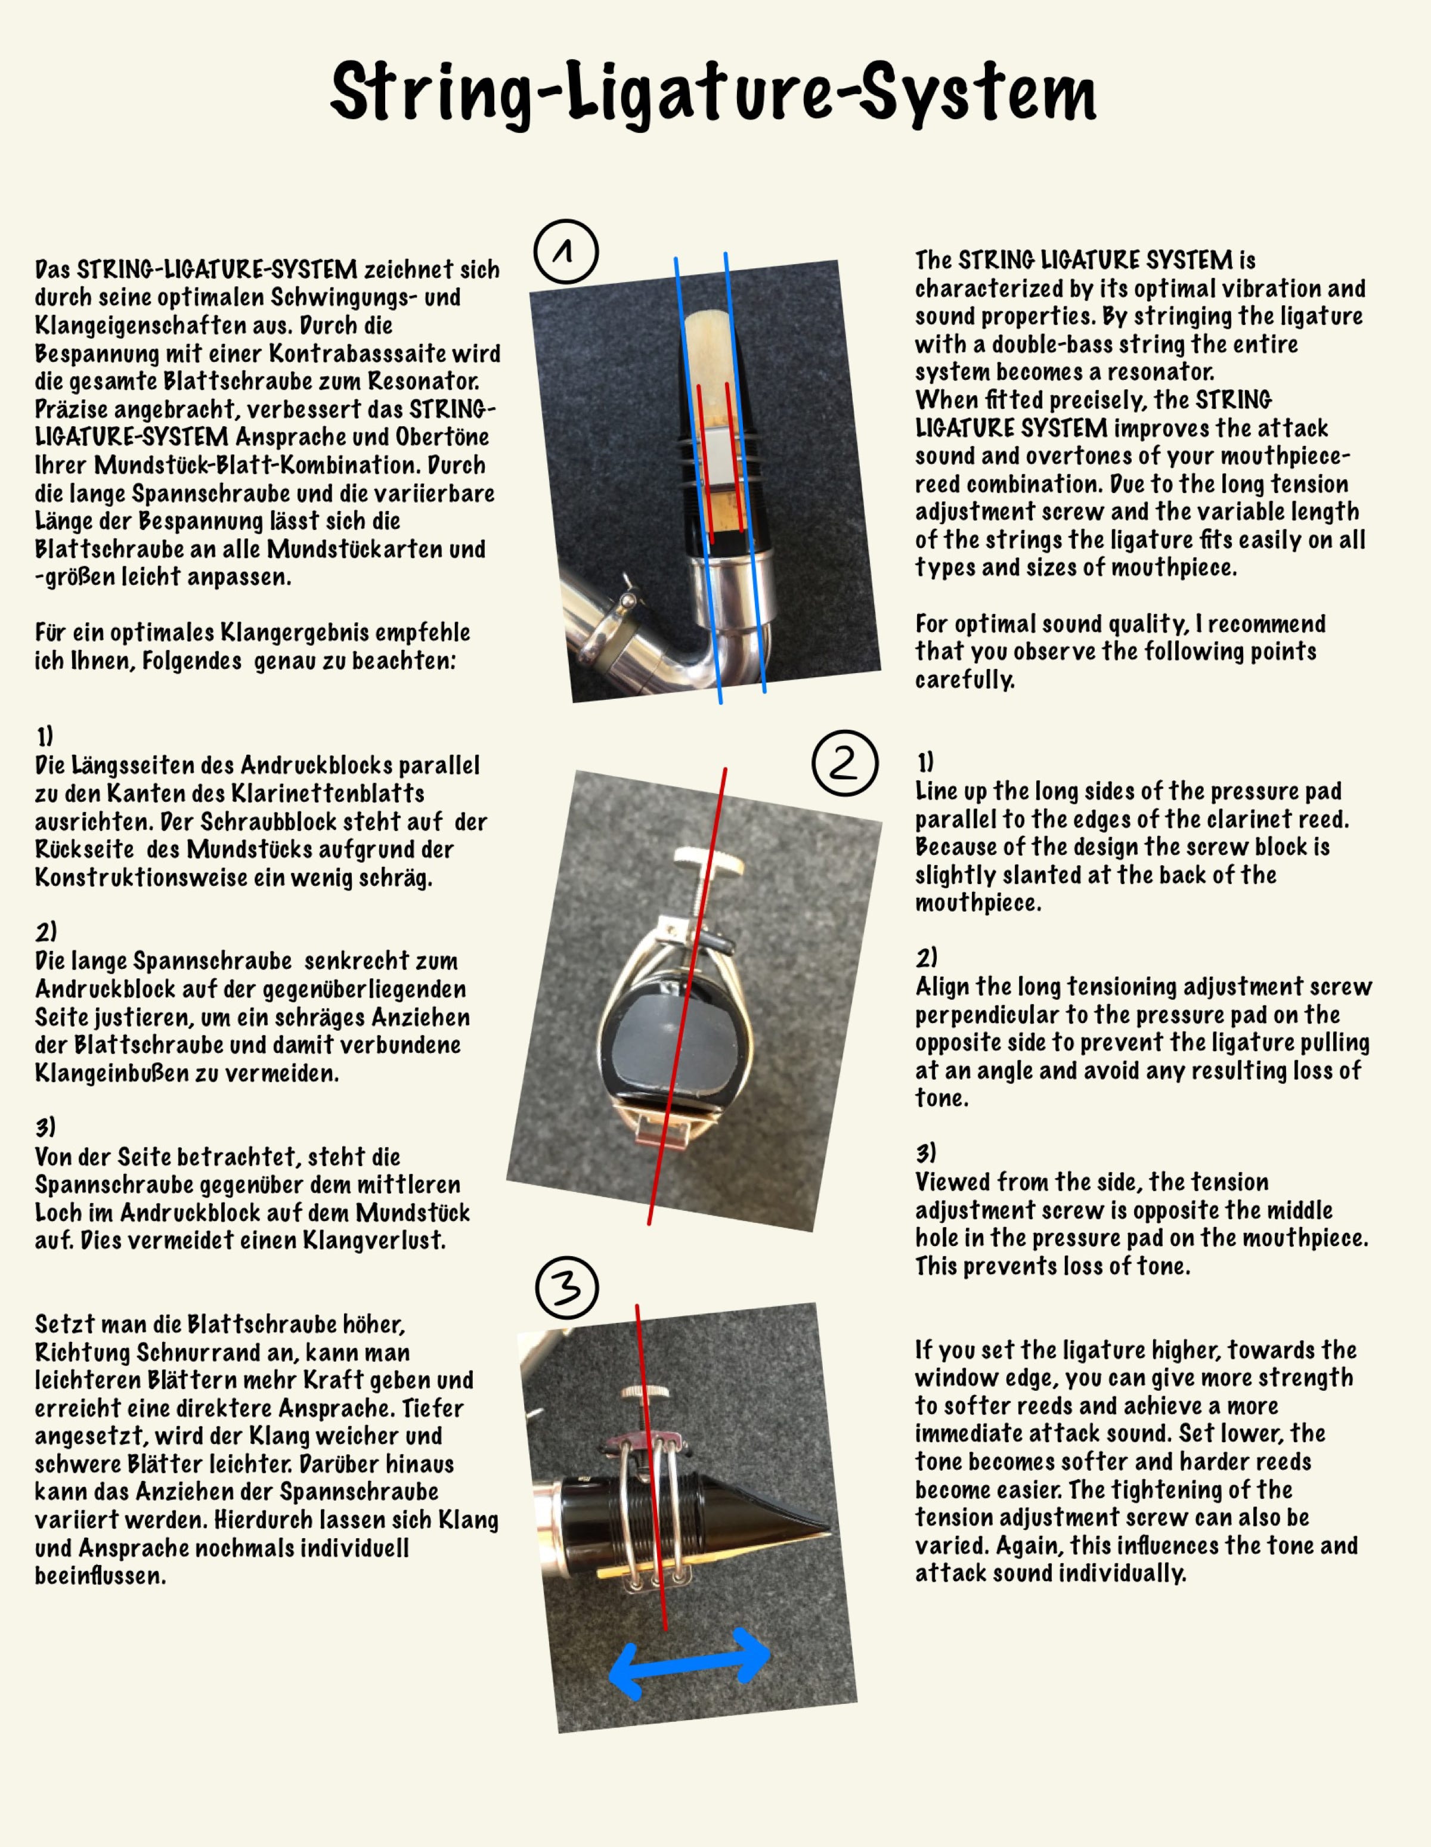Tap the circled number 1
click(566, 251)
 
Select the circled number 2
click(844, 763)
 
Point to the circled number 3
click(566, 1287)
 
